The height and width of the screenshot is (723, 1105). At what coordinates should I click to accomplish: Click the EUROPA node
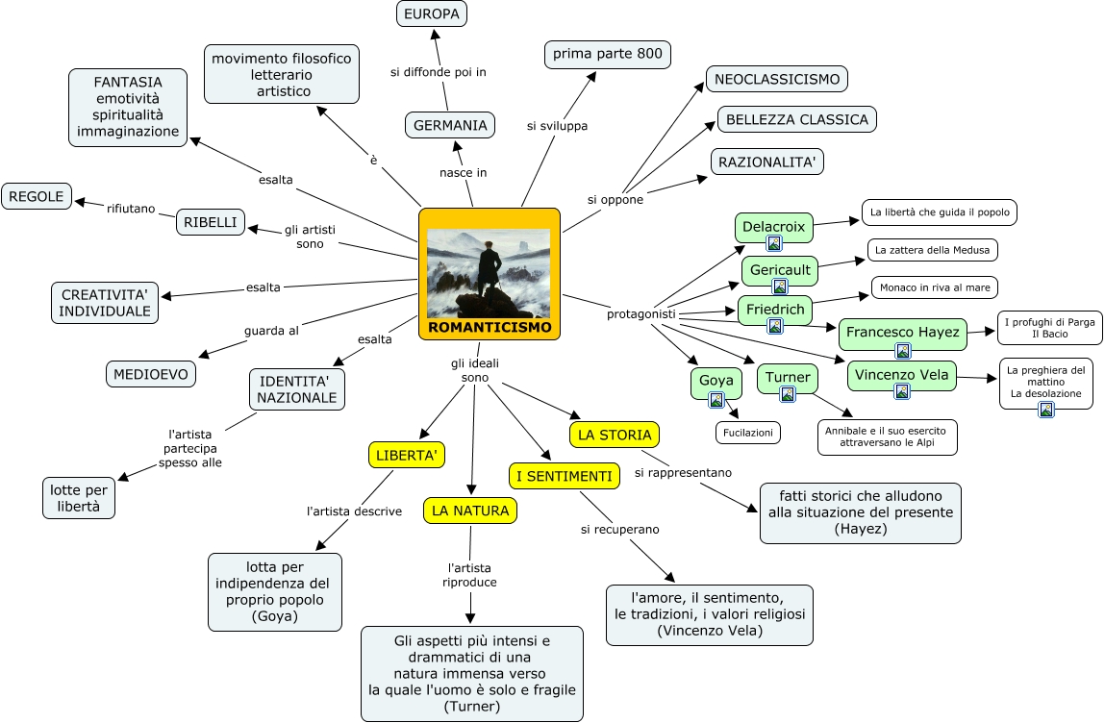click(432, 13)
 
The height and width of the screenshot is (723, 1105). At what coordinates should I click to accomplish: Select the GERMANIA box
click(450, 125)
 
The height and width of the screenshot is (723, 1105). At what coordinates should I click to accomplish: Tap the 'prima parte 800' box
click(607, 54)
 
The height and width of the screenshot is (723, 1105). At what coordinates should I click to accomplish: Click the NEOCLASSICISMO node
click(776, 79)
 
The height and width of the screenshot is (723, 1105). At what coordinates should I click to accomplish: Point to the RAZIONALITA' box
click(766, 162)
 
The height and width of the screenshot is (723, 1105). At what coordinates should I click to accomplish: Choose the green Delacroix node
click(773, 228)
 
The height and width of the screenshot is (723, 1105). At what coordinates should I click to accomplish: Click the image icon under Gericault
click(780, 287)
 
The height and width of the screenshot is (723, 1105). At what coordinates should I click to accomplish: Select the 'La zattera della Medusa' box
click(932, 250)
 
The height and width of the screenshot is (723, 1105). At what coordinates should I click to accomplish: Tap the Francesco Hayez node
click(902, 333)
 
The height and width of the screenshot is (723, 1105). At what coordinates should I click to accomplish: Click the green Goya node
click(716, 381)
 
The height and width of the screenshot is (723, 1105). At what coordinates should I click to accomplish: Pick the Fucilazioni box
click(747, 433)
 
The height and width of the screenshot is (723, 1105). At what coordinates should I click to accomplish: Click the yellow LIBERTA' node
click(406, 454)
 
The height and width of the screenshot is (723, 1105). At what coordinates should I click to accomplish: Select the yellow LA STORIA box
click(614, 435)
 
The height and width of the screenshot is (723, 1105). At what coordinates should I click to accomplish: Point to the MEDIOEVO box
click(151, 373)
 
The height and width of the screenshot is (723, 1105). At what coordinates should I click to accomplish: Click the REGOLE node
click(37, 196)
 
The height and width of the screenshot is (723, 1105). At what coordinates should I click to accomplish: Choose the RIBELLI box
click(211, 222)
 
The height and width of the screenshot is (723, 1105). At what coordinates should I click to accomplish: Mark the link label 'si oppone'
click(615, 199)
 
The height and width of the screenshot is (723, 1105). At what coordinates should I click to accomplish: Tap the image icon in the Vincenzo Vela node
click(902, 391)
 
